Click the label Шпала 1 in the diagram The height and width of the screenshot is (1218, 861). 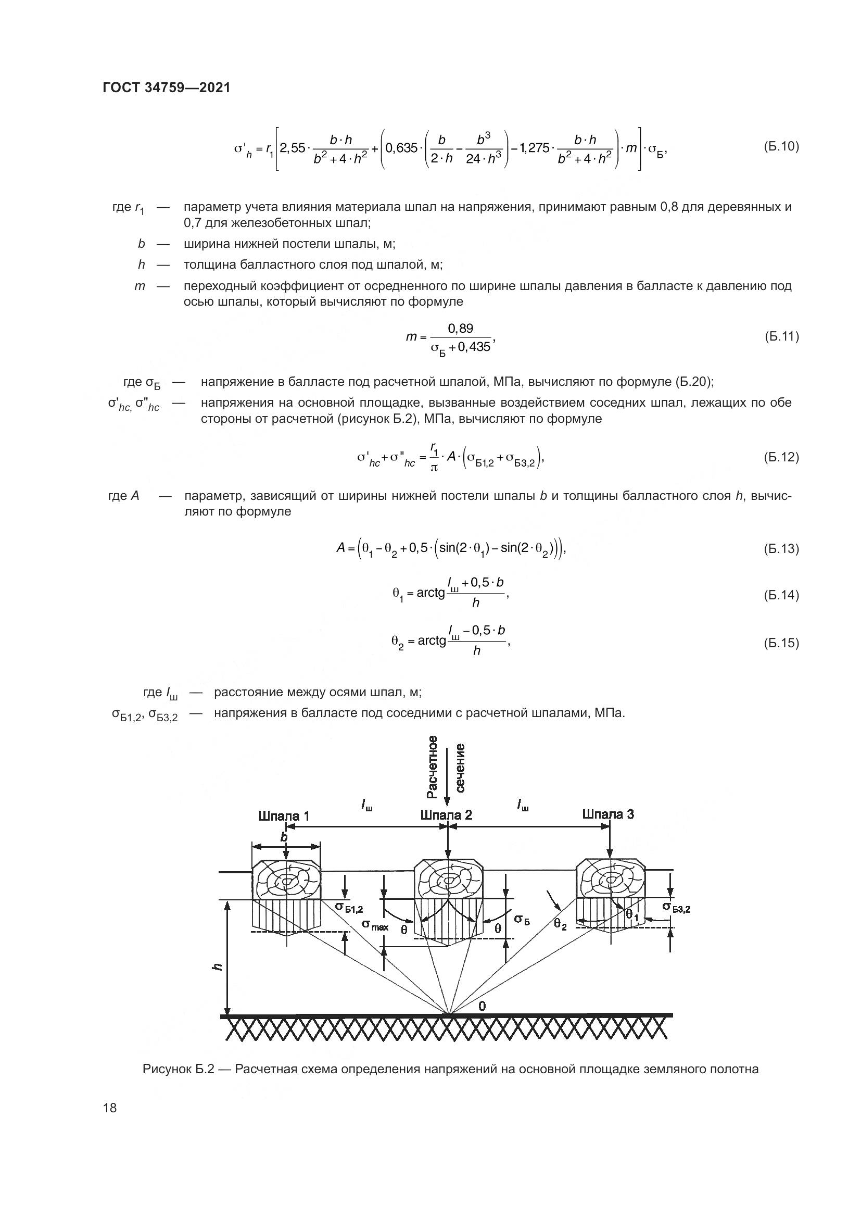click(x=284, y=816)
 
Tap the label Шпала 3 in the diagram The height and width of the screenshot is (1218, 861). click(x=607, y=814)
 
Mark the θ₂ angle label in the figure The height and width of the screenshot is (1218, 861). click(x=560, y=924)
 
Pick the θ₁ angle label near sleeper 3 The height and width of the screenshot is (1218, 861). click(x=631, y=914)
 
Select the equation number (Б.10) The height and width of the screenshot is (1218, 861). click(x=781, y=146)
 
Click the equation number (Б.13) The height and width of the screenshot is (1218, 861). click(x=781, y=548)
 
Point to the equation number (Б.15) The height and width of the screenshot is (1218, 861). click(x=781, y=643)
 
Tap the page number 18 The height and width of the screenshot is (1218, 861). click(x=110, y=1108)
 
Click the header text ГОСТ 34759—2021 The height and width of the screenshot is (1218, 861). click(x=167, y=87)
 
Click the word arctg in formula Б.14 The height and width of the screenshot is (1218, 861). click(x=430, y=593)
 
